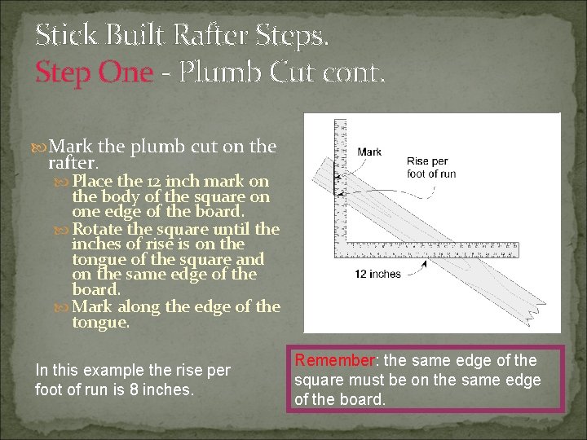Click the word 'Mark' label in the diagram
coord(369,152)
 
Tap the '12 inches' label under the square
coord(377,274)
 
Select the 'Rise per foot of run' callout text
coord(430,167)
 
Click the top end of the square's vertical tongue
coord(341,122)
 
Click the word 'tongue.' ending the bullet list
coord(101,323)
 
